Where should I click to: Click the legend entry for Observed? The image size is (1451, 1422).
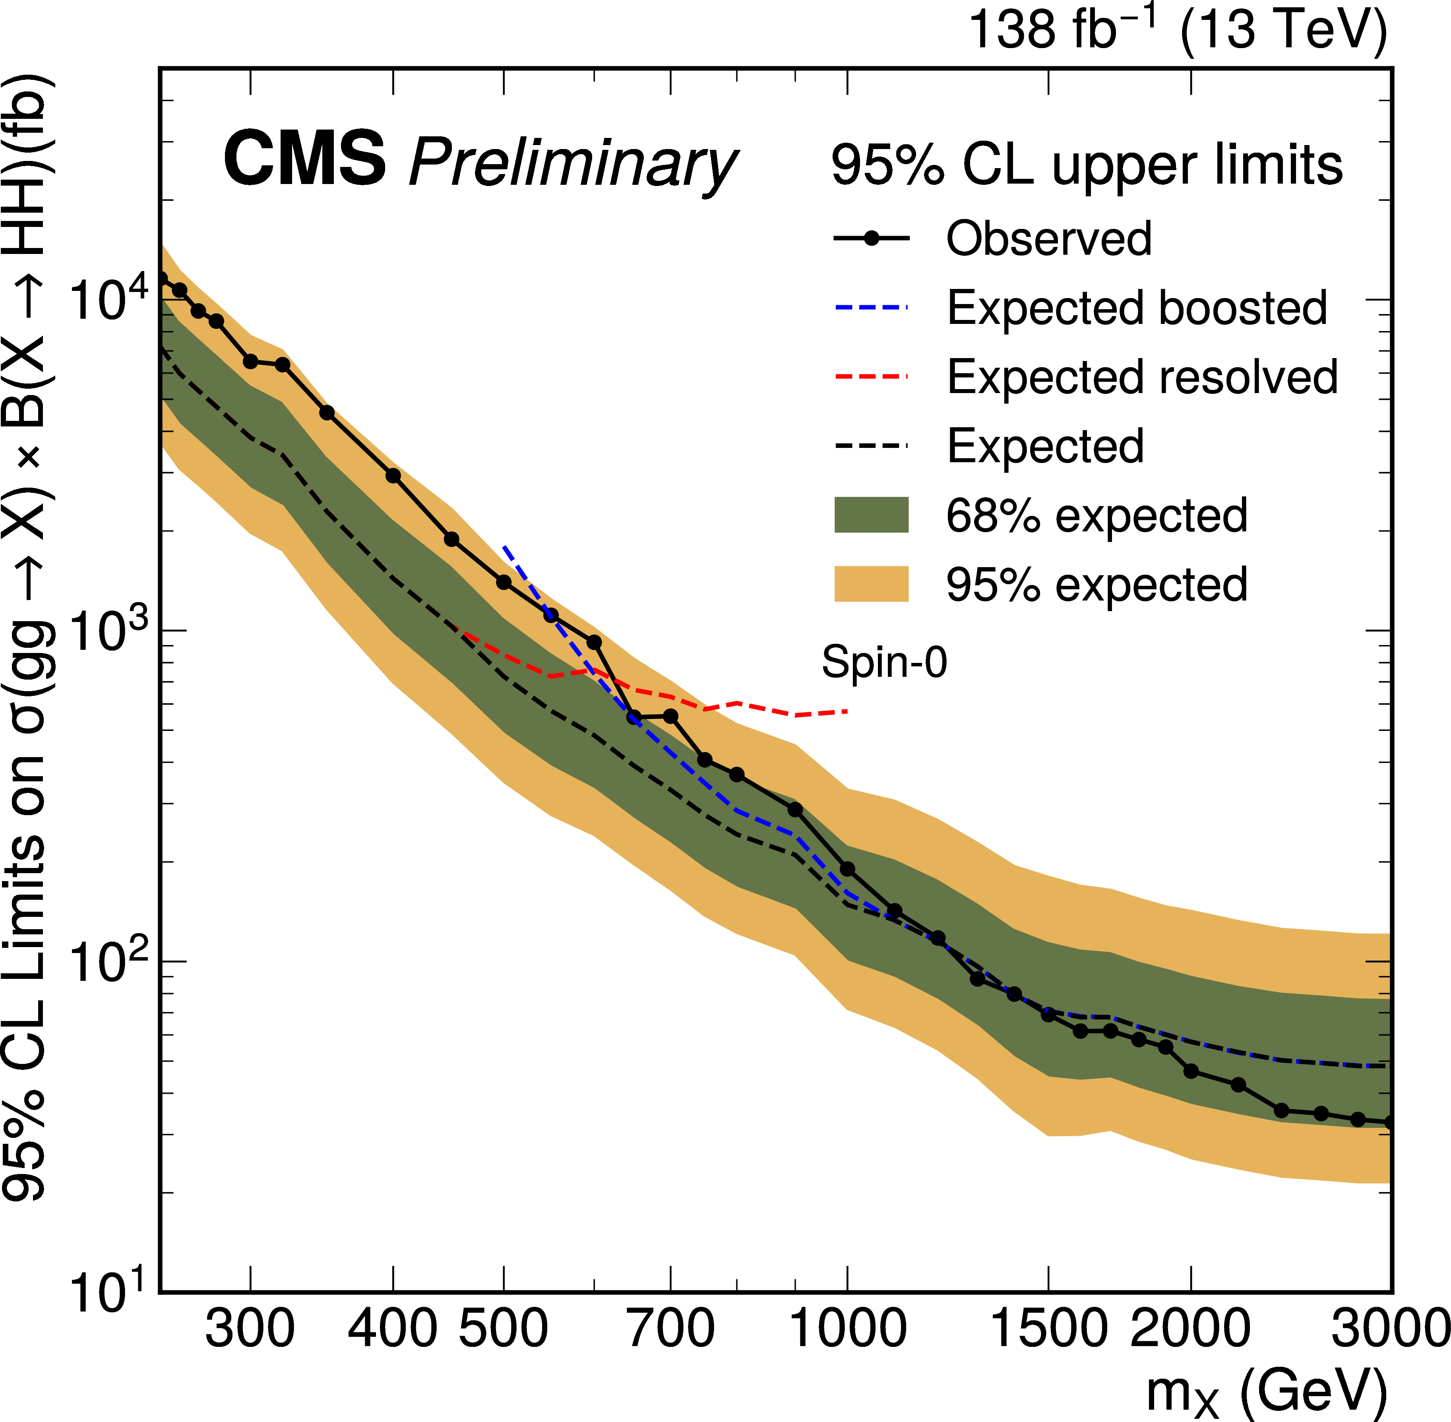pyautogui.click(x=1048, y=239)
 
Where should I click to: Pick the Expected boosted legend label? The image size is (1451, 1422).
pyautogui.click(x=1137, y=308)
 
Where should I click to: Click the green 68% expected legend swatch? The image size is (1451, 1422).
pyautogui.click(x=871, y=515)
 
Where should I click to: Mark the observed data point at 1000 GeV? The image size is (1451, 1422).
pyautogui.click(x=847, y=869)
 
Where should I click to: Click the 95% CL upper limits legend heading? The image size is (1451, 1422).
pyautogui.click(x=1087, y=165)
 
